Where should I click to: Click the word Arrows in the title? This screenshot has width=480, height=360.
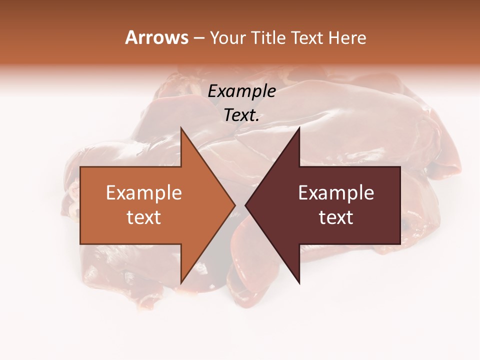(156, 37)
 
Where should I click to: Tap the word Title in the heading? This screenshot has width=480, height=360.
(268, 38)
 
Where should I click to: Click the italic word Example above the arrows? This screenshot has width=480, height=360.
(241, 91)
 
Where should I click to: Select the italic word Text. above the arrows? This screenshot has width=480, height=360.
(241, 115)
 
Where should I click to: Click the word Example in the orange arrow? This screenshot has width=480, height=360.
(144, 193)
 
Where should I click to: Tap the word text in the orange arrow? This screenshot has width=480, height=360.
(144, 217)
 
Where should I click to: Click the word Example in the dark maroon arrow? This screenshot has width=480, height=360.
(336, 193)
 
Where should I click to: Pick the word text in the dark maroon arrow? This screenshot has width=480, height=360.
(336, 217)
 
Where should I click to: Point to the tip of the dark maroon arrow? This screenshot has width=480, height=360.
(246, 205)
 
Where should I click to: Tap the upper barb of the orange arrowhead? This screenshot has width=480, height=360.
(181, 129)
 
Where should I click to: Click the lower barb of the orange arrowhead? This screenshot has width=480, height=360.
(181, 282)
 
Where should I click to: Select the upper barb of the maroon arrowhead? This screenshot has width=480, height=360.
(298, 129)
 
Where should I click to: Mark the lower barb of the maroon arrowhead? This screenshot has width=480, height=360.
(298, 282)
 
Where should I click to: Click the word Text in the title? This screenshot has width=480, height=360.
(306, 38)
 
